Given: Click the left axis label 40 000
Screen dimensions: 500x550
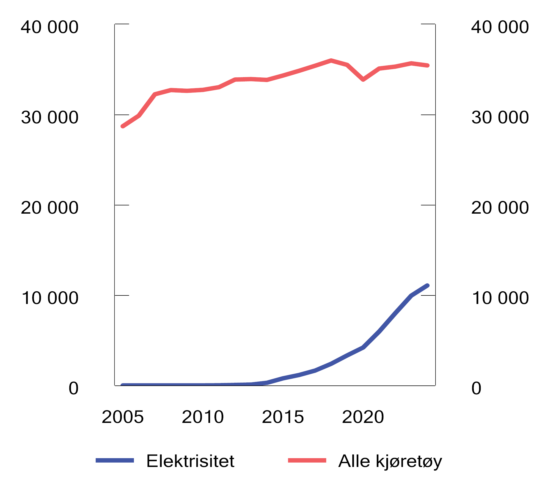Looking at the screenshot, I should click(50, 27).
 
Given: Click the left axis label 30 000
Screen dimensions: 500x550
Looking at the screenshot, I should click(50, 118).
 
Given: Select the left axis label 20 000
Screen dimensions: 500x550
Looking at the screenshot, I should click(50, 208).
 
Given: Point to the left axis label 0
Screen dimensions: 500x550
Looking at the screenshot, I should click(73, 388).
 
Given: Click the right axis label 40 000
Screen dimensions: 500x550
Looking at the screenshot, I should click(500, 27).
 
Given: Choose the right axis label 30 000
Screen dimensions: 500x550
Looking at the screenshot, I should click(500, 118).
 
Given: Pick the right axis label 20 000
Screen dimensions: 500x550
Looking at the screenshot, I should click(500, 208).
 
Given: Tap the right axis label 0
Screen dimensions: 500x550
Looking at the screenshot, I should click(476, 388).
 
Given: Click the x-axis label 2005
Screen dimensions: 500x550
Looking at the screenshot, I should click(123, 417).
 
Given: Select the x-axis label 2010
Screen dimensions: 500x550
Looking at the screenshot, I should click(203, 417).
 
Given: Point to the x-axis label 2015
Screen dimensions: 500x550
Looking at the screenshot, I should click(283, 417).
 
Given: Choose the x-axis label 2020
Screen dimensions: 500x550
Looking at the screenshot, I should click(363, 417).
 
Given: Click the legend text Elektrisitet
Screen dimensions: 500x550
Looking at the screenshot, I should click(190, 461).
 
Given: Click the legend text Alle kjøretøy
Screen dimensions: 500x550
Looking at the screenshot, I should click(390, 462).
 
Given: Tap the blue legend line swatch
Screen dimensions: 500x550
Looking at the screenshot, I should click(115, 460).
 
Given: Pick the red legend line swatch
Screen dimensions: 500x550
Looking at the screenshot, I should click(307, 460).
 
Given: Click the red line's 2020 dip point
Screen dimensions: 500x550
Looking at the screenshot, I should click(363, 80).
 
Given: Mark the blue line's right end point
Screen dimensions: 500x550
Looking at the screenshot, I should click(427, 286).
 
